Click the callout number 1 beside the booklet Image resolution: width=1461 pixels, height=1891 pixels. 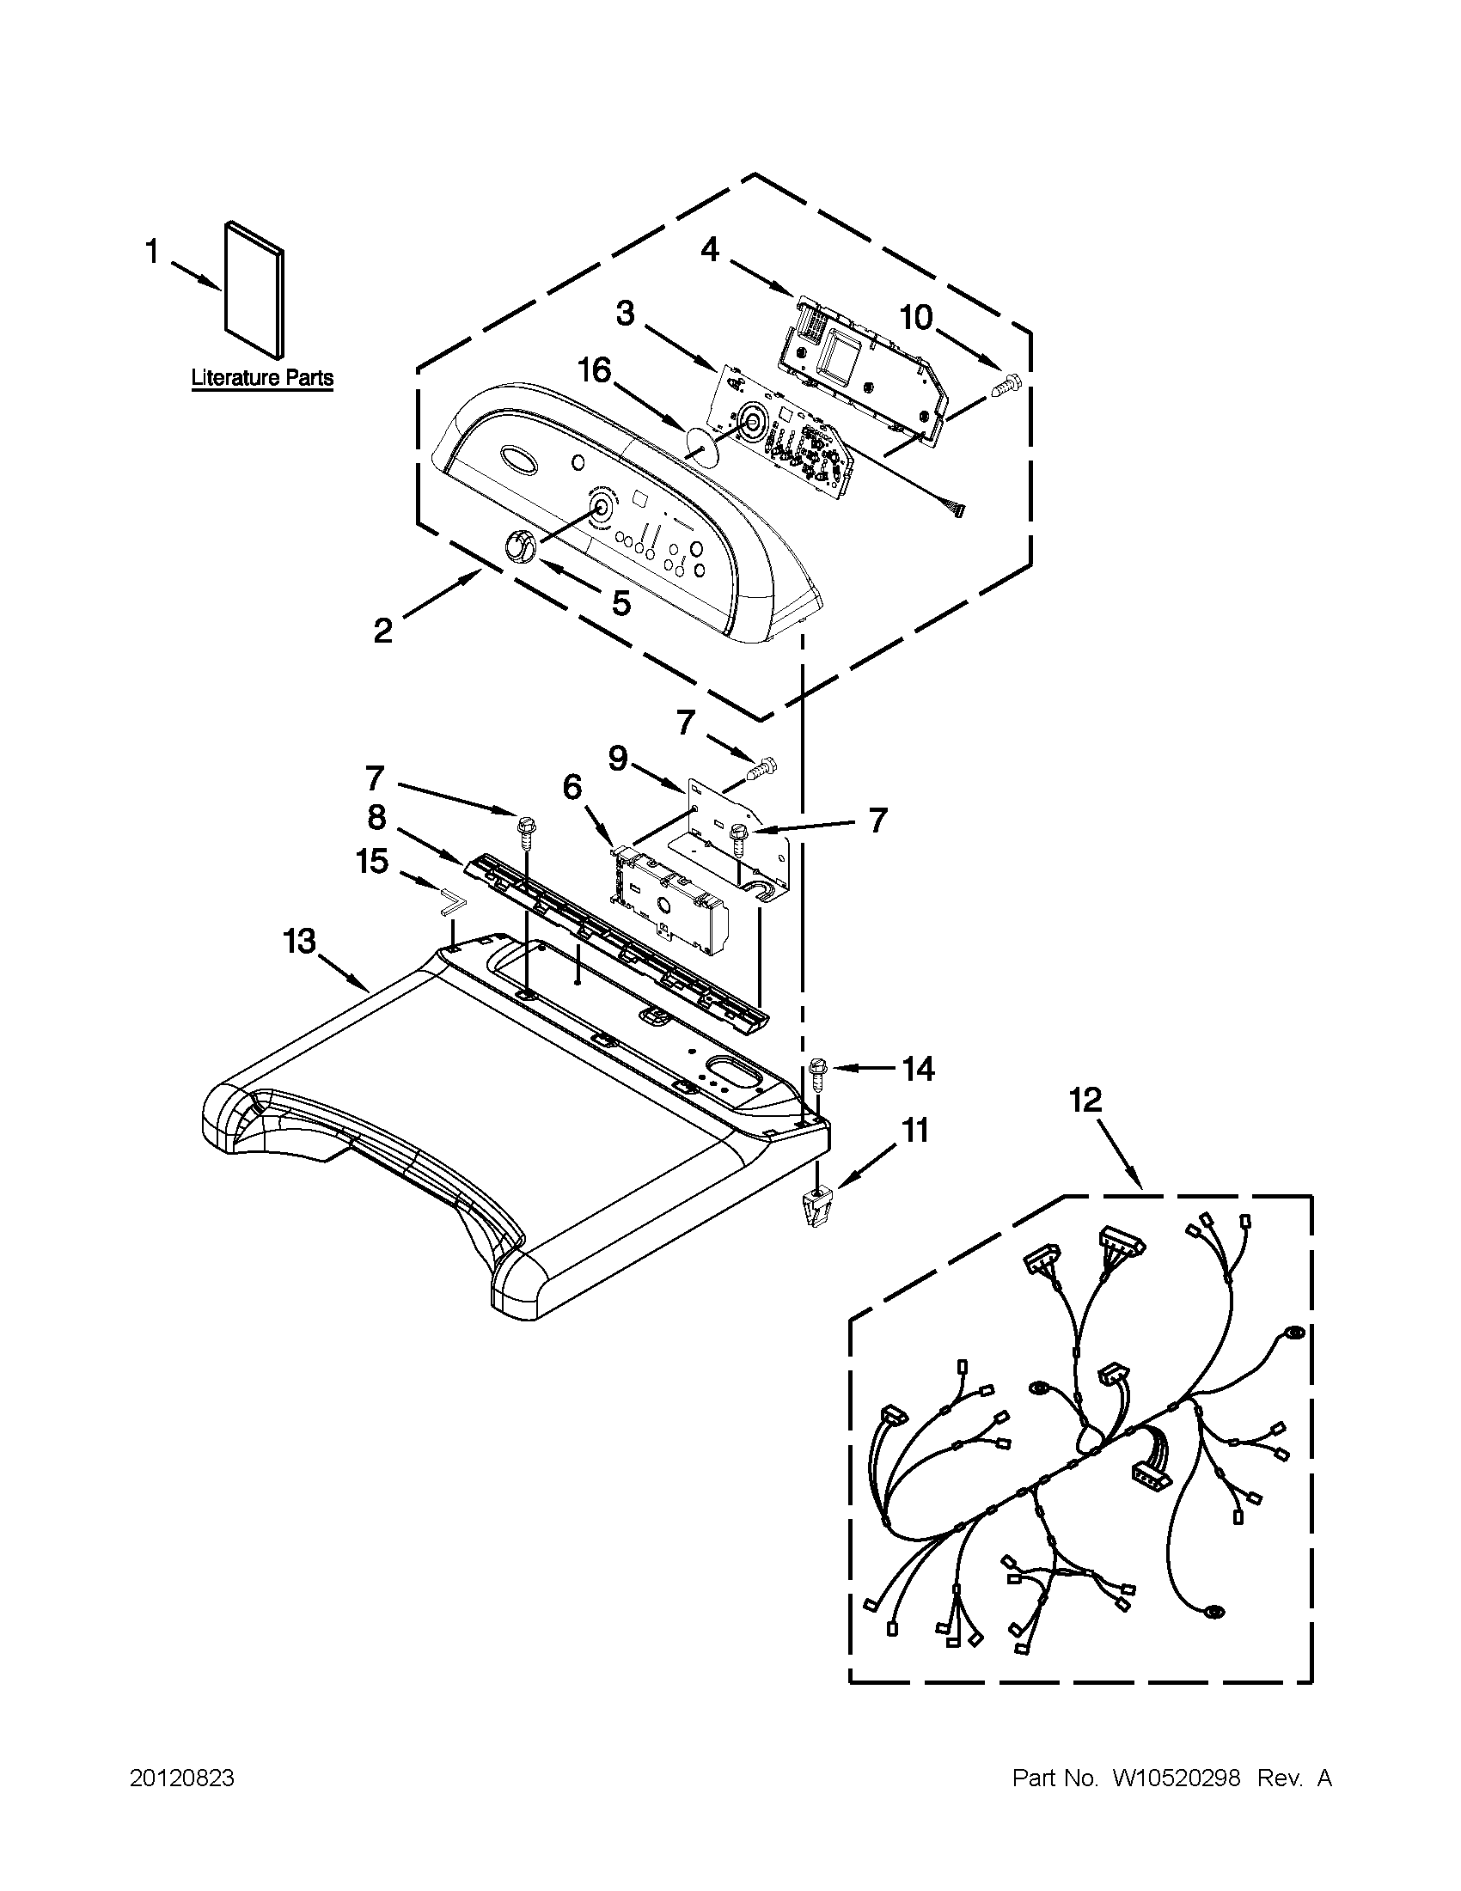(x=152, y=253)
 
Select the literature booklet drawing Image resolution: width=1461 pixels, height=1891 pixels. (x=254, y=290)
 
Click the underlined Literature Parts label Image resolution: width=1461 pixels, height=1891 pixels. (x=261, y=378)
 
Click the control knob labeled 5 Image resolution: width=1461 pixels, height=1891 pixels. (x=518, y=547)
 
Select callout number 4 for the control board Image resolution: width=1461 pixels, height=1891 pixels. (x=709, y=250)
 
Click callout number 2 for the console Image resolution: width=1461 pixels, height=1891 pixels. (x=382, y=631)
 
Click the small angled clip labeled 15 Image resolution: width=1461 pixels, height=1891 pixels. (x=451, y=904)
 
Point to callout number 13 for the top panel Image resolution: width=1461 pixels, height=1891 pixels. (x=300, y=940)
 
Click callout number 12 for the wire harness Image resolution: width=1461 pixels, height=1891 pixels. (x=1085, y=1101)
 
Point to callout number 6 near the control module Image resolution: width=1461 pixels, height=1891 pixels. (x=572, y=787)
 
